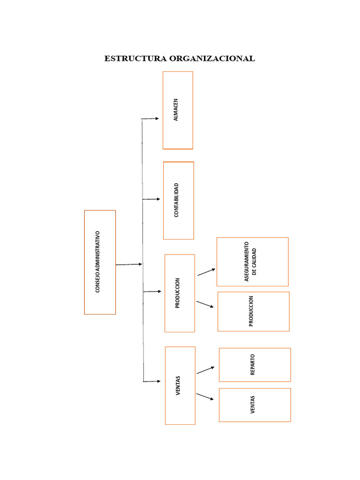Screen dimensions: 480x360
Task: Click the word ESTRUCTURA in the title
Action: [135, 59]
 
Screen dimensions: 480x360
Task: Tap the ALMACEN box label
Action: [176, 110]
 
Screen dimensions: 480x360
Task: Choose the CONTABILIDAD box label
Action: [177, 200]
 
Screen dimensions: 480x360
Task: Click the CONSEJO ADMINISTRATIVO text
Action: [98, 262]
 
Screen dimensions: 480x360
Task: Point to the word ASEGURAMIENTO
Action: [247, 262]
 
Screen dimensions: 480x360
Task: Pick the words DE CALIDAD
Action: [255, 262]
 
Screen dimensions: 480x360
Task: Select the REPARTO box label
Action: [253, 365]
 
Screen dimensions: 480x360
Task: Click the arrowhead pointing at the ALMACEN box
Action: [157, 119]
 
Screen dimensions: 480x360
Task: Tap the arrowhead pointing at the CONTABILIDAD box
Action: [157, 199]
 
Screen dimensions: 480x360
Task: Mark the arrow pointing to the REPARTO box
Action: [205, 370]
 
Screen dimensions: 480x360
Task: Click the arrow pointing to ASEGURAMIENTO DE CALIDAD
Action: [207, 272]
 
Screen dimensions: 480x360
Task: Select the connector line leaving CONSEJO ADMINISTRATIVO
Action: [128, 265]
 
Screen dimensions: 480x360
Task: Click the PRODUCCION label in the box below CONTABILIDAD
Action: [178, 293]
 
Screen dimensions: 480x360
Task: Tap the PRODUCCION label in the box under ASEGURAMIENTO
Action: [251, 311]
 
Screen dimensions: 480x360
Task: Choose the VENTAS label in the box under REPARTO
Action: [253, 405]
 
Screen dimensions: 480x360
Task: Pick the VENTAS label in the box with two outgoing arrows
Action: [178, 385]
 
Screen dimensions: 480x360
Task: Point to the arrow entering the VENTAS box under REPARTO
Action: [205, 397]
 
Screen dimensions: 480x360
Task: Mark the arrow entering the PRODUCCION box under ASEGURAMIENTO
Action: [205, 304]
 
